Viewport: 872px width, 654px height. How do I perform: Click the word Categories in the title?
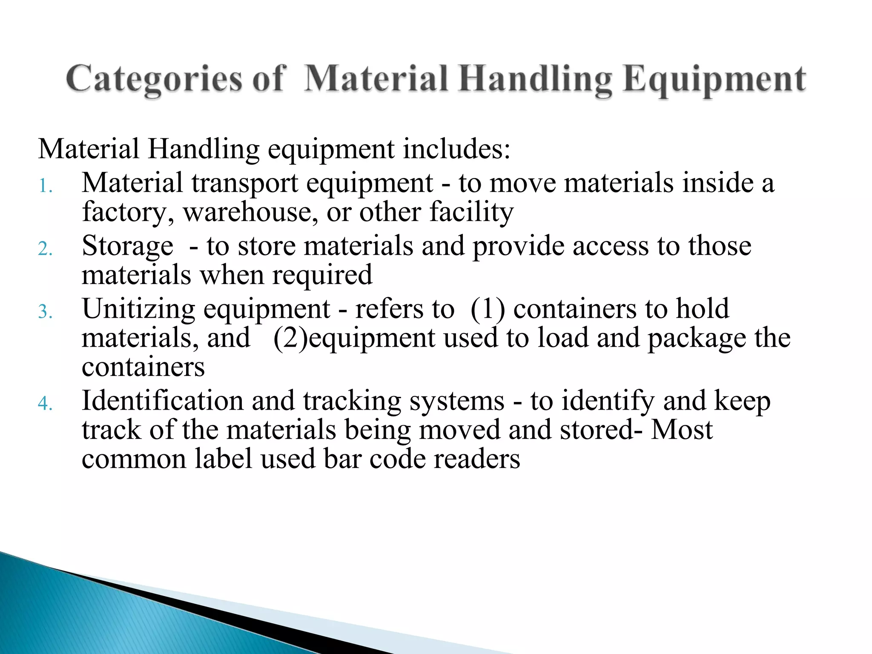pos(154,80)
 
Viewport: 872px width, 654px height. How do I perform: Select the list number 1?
pos(45,186)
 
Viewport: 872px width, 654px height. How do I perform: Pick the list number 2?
pos(45,249)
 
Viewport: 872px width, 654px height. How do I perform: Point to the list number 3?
pos(45,312)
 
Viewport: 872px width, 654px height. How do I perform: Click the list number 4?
pos(45,403)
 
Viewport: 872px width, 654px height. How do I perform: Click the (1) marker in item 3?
pos(488,310)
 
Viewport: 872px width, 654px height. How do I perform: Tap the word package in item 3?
pos(697,338)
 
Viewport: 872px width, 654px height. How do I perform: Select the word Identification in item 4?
pos(162,402)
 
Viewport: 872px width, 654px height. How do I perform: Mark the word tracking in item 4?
pos(352,402)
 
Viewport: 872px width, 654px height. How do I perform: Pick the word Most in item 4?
pos(682,430)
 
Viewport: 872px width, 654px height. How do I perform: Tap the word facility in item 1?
pos(471,212)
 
